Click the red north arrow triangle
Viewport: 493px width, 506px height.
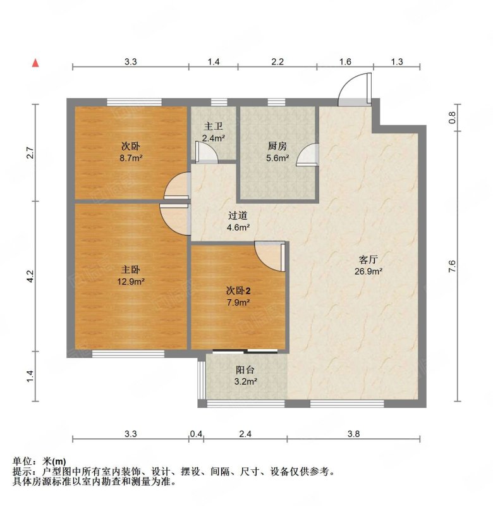[x=35, y=63]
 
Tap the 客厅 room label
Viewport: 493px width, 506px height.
[x=368, y=260]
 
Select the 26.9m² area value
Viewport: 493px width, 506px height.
[x=368, y=271]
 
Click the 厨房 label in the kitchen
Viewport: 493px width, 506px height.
[x=277, y=146]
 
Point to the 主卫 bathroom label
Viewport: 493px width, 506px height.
[x=213, y=126]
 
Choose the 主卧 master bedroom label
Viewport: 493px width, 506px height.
[x=131, y=269]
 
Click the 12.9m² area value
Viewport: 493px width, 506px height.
[x=131, y=281]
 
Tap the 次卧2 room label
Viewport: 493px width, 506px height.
[x=238, y=291]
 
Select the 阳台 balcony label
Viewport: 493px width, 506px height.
[x=245, y=370]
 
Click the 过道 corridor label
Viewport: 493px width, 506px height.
[x=238, y=215]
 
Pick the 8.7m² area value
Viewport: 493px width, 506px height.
[x=131, y=158]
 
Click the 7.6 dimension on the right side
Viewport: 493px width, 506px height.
[x=452, y=266]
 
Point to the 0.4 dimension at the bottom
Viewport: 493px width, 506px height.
[x=196, y=434]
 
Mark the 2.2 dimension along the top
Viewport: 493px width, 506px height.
[x=277, y=61]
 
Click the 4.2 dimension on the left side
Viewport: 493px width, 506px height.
[x=30, y=276]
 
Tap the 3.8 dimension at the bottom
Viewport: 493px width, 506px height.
[x=353, y=434]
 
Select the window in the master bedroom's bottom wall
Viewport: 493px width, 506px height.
[x=128, y=354]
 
